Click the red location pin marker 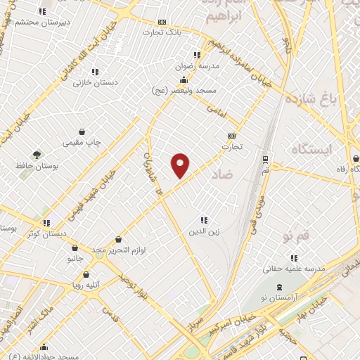click(x=180, y=165)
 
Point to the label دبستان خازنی click(x=95, y=82)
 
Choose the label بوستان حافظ click(x=35, y=166)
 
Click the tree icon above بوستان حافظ click(x=36, y=154)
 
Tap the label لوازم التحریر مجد click(x=117, y=250)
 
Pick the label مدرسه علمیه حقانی click(x=293, y=268)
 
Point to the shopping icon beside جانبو click(x=75, y=247)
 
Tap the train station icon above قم click(x=265, y=159)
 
